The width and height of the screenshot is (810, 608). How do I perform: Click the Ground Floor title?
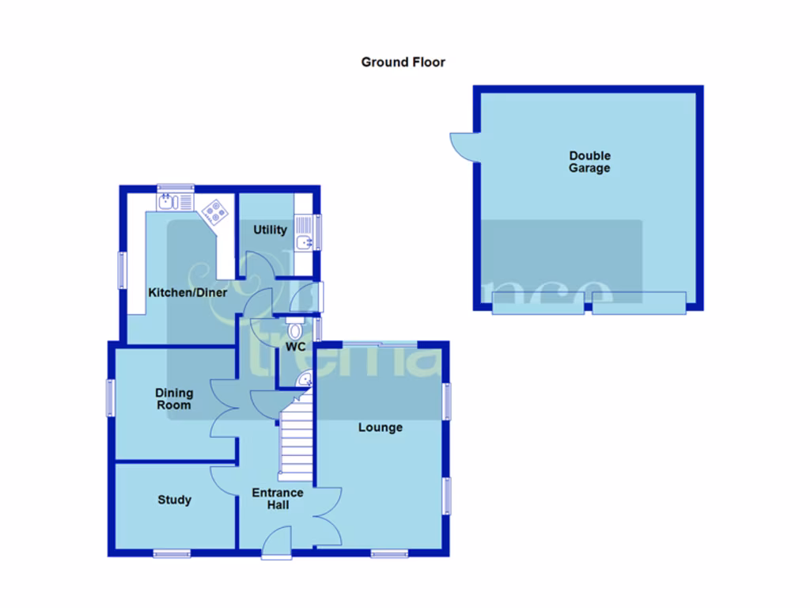point(403,62)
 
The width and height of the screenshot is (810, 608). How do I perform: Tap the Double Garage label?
point(590,162)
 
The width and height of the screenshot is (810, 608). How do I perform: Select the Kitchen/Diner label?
point(187,293)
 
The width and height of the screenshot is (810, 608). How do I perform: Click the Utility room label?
point(270,230)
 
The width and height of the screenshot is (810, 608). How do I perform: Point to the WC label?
point(296,347)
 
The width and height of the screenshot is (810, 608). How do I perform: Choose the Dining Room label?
point(173,399)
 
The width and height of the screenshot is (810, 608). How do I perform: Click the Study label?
point(174,500)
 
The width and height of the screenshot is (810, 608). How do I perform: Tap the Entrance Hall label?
point(278,499)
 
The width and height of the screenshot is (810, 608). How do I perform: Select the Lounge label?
point(380,427)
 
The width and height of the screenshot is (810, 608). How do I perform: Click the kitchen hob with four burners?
point(216,211)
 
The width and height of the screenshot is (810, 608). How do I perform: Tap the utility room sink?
point(304,241)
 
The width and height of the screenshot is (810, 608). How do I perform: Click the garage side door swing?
point(462,146)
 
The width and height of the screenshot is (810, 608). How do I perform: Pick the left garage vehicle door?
point(538,303)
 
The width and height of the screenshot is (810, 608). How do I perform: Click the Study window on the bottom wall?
point(172,553)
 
